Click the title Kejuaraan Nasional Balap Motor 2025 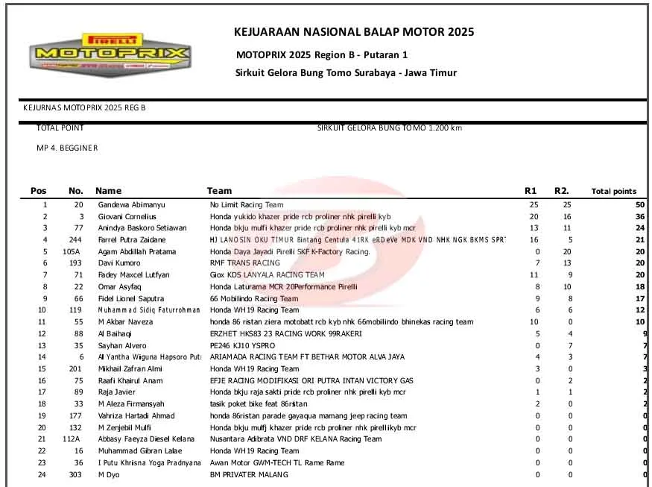coord(354,32)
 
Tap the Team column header coord(219,191)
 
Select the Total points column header coord(613,192)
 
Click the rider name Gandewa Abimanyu coord(128,204)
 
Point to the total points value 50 coord(640,204)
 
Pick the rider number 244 coord(76,239)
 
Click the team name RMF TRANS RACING coord(244,263)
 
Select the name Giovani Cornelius coord(127,216)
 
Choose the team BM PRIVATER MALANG coord(249,474)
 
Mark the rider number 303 coord(76,474)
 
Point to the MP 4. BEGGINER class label coord(67,148)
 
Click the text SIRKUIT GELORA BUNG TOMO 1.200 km coord(389,128)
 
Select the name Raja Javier coord(117,392)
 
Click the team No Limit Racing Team coord(246,204)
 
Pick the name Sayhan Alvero coord(123,345)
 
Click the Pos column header coord(38,191)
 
